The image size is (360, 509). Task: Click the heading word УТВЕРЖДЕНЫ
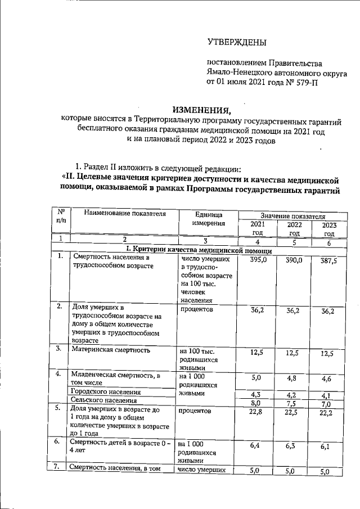237,43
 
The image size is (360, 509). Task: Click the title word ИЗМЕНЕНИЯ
201,109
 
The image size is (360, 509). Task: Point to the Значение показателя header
292,215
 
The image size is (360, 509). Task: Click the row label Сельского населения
103,400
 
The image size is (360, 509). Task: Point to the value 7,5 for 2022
291,403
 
